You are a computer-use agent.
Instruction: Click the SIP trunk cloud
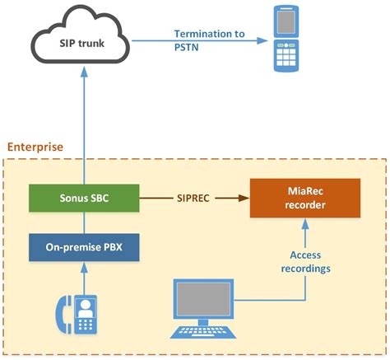coord(81,41)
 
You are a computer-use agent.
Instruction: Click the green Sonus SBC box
coord(81,199)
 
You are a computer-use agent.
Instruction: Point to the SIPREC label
coord(195,199)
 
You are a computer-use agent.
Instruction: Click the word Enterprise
coord(35,147)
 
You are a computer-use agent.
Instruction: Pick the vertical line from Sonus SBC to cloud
coord(81,132)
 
